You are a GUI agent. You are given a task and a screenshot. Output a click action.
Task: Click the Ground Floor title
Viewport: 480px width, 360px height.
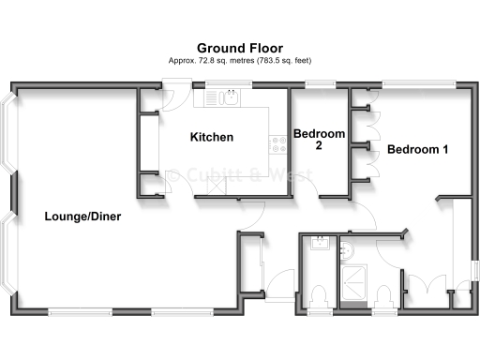[239, 47]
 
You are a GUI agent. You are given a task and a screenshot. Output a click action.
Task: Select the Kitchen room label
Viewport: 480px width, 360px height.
[212, 138]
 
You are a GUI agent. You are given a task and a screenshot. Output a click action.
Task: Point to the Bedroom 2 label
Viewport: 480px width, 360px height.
[319, 140]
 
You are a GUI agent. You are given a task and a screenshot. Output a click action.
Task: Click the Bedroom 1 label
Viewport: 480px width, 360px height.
[417, 149]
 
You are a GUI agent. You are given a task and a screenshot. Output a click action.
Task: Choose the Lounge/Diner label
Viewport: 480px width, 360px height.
[82, 217]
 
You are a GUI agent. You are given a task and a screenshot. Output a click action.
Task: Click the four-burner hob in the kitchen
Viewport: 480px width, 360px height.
[278, 143]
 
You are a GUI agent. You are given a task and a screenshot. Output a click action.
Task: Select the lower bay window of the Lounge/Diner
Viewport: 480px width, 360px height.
[9, 254]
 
